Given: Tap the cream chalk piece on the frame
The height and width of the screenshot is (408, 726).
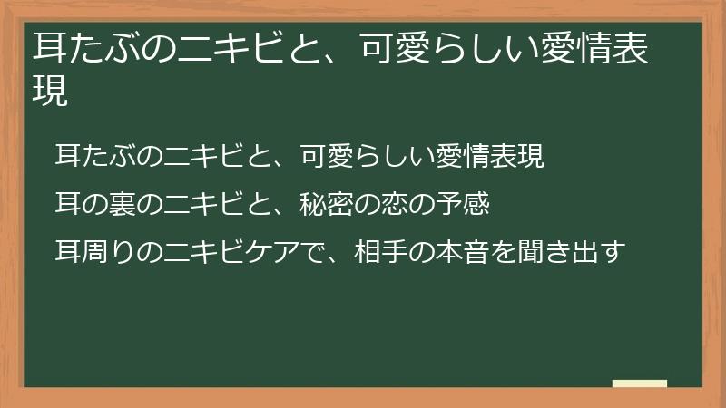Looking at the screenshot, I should pos(640,384).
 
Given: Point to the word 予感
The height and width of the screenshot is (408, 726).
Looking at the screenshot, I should pos(463,205).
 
